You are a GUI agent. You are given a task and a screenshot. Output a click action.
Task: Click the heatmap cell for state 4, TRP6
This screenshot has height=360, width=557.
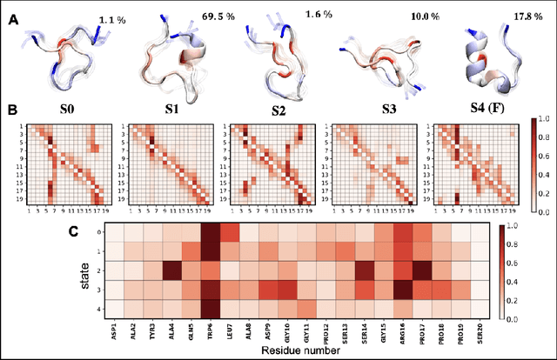coord(211,306)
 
